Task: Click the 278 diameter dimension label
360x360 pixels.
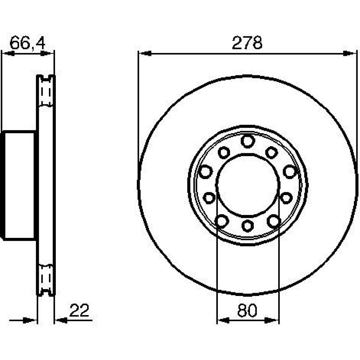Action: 247,43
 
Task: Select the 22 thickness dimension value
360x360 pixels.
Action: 79,310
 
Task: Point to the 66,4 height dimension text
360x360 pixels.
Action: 27,43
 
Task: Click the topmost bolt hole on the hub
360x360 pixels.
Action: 248,141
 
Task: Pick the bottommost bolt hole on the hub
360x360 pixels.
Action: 248,225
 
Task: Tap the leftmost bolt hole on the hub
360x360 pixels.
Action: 205,171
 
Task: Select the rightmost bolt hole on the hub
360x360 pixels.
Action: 290,171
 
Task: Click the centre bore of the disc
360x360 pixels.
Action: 248,185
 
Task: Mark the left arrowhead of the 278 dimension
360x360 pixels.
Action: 145,54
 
